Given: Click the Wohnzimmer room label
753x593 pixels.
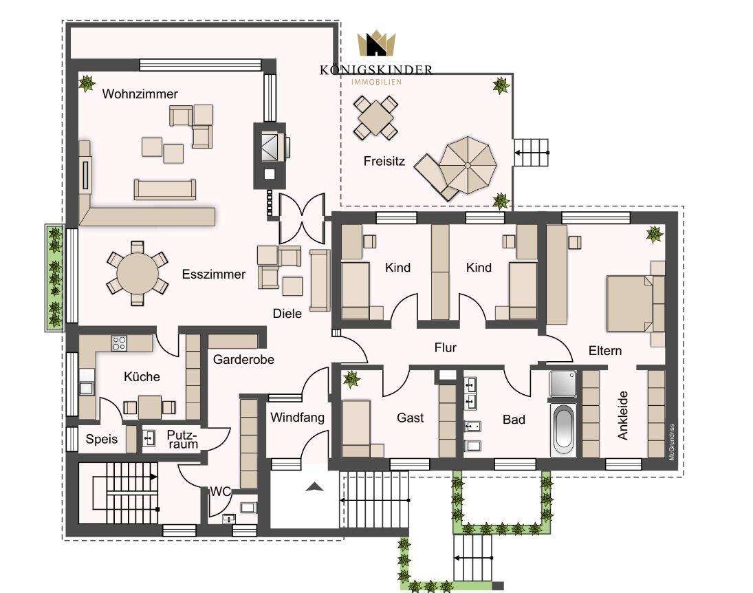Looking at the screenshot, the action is [140, 94].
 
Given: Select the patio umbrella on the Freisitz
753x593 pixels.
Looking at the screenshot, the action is [467, 164].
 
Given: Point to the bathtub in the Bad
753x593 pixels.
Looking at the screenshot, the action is [563, 429].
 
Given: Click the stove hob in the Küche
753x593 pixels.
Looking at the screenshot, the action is [119, 342].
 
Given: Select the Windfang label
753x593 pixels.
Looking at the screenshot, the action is [297, 417].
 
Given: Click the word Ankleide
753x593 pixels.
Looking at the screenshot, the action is [623, 416].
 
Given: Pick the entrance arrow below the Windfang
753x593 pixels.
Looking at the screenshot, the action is [314, 487].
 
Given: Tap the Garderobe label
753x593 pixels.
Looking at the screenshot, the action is [243, 359].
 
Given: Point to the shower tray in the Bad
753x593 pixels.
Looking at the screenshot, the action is [563, 385].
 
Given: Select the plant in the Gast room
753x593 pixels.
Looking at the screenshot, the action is [352, 378].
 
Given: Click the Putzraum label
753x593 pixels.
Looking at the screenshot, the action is [183, 440].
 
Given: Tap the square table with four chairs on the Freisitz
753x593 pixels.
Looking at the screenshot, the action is [375, 118].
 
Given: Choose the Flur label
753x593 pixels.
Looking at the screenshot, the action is [445, 347].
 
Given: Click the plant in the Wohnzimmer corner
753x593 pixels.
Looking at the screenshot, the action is [87, 84].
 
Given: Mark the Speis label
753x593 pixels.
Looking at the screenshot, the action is [102, 439].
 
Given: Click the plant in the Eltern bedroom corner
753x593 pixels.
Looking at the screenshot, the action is [654, 234].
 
